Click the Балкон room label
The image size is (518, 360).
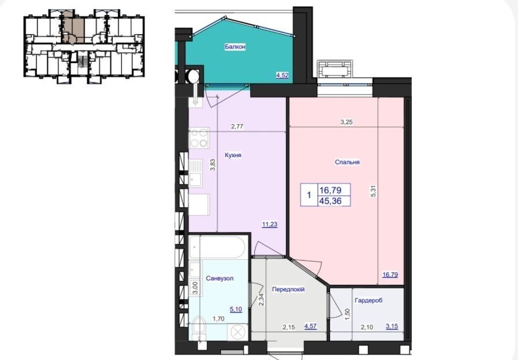pyautogui.click(x=235, y=47)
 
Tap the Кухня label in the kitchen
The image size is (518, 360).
pyautogui.click(x=233, y=155)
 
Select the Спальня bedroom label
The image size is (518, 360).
pyautogui.click(x=347, y=162)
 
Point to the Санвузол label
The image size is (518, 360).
pyautogui.click(x=219, y=279)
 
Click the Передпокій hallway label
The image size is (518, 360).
pyautogui.click(x=288, y=290)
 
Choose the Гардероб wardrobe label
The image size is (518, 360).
pyautogui.click(x=368, y=300)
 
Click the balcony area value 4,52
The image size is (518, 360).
pyautogui.click(x=283, y=75)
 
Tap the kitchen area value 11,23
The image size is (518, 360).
pyautogui.click(x=269, y=225)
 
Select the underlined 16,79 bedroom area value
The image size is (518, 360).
pyautogui.click(x=390, y=274)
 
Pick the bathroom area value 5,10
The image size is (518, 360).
pyautogui.click(x=236, y=310)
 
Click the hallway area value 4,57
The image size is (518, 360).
pyautogui.click(x=310, y=326)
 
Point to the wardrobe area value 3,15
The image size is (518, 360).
pyautogui.click(x=392, y=326)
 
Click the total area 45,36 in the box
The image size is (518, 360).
pyautogui.click(x=330, y=201)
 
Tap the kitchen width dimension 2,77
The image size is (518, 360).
pyautogui.click(x=237, y=127)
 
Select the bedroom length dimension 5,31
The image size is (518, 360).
pyautogui.click(x=374, y=191)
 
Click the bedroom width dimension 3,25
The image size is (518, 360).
pyautogui.click(x=346, y=122)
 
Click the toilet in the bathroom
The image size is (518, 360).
pyautogui.click(x=198, y=328)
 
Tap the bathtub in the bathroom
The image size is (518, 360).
pyautogui.click(x=217, y=247)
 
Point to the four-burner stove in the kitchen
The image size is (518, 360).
pyautogui.click(x=199, y=138)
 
